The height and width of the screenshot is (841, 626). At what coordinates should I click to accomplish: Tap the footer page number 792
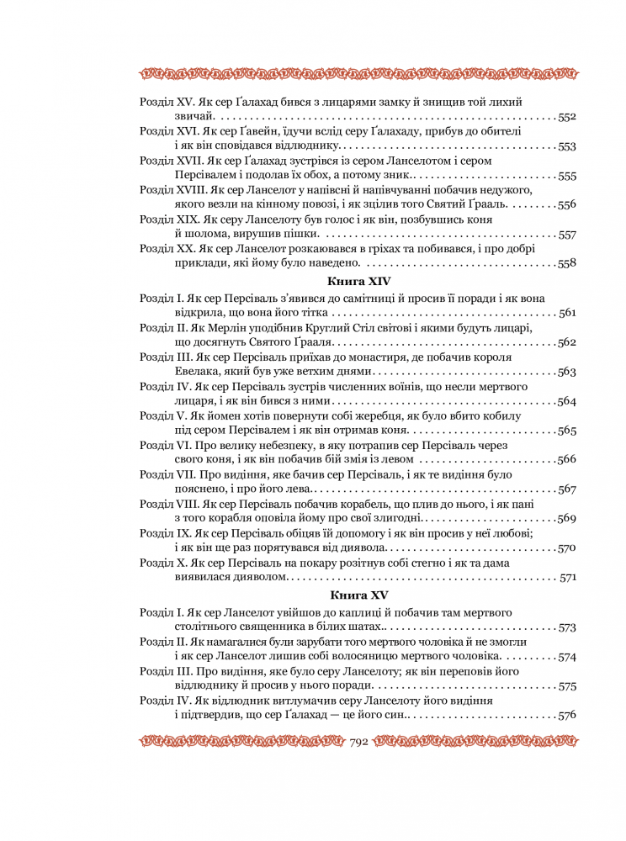(359, 743)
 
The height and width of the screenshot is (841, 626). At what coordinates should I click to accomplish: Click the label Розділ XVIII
(169, 190)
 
